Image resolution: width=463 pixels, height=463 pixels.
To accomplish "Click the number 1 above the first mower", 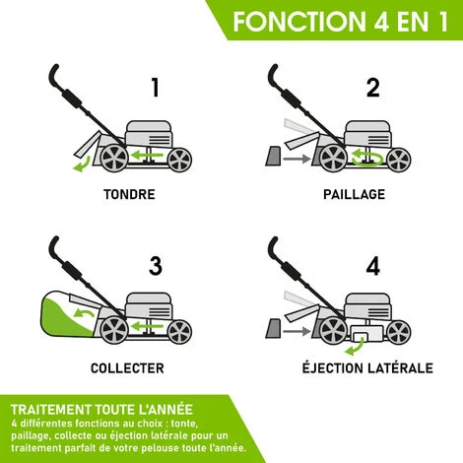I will pyautogui.click(x=154, y=88).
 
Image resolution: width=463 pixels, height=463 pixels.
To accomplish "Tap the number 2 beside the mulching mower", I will pyautogui.click(x=372, y=88).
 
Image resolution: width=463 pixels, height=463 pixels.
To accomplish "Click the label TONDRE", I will pyautogui.click(x=129, y=194).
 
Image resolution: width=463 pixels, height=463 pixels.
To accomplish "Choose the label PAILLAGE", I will pyautogui.click(x=354, y=194).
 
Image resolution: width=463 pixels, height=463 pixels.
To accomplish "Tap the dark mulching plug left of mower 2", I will pyautogui.click(x=273, y=155).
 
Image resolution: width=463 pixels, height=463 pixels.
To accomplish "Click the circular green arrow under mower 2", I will pyautogui.click(x=370, y=156).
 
